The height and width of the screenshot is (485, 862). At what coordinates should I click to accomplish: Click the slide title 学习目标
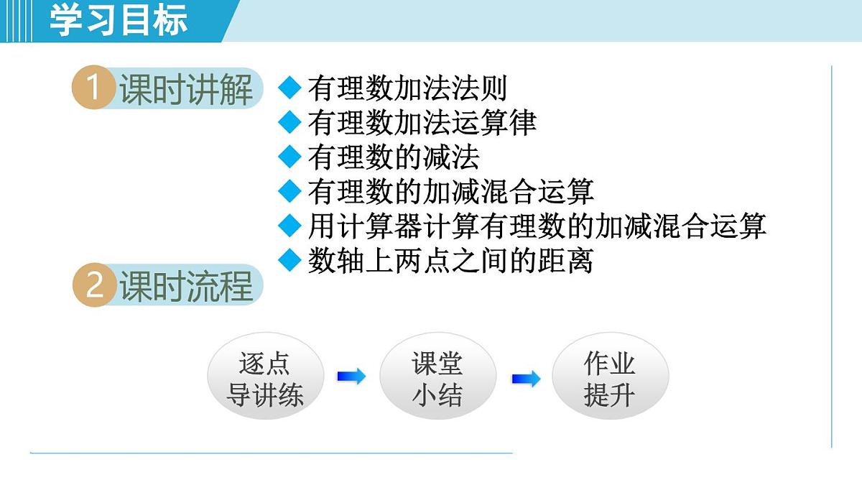(119, 20)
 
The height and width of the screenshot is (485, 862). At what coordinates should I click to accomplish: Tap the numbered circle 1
(94, 89)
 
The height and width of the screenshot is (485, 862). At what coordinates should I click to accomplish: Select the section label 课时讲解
(186, 90)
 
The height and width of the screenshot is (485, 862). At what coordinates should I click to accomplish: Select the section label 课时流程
(186, 285)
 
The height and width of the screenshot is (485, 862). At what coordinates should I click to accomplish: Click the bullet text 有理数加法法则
(407, 88)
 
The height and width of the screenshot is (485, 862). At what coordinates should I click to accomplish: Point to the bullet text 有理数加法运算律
(422, 123)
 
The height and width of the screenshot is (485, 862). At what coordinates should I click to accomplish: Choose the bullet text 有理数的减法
(393, 157)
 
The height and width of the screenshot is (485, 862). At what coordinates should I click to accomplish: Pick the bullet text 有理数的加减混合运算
(450, 192)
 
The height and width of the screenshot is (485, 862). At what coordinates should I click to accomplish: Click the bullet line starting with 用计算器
(537, 226)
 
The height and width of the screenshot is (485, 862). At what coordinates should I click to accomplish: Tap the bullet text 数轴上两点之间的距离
(450, 260)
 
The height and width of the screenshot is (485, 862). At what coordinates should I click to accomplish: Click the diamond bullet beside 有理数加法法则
(289, 88)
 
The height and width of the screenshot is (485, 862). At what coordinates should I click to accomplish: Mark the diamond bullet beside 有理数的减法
(289, 157)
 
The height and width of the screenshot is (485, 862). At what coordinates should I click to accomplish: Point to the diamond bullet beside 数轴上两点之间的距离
(289, 260)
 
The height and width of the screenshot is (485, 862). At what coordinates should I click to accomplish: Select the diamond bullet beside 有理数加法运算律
(289, 123)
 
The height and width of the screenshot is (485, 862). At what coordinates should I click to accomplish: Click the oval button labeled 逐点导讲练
(265, 379)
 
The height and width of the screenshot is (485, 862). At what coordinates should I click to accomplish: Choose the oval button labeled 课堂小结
(437, 379)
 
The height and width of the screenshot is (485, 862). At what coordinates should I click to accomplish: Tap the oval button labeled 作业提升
(610, 379)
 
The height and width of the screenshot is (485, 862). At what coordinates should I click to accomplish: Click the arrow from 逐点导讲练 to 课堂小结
(351, 376)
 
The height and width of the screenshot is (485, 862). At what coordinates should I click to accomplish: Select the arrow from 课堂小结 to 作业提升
(526, 379)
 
